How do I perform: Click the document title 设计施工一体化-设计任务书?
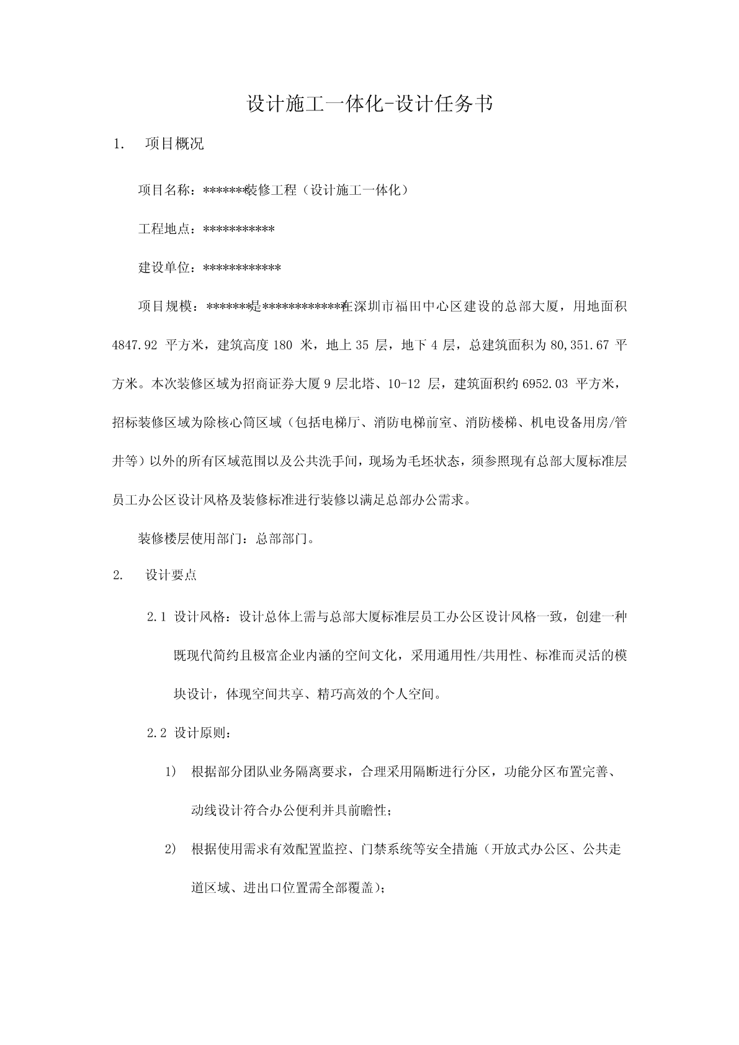370,104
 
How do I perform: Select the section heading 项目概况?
174,144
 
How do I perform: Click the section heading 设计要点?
171,575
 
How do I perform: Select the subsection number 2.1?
157,617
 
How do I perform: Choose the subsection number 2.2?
157,733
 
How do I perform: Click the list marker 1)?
171,772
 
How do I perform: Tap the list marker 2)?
171,850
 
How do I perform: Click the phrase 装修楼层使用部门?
192,538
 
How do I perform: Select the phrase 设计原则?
200,733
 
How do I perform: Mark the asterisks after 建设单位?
242,268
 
